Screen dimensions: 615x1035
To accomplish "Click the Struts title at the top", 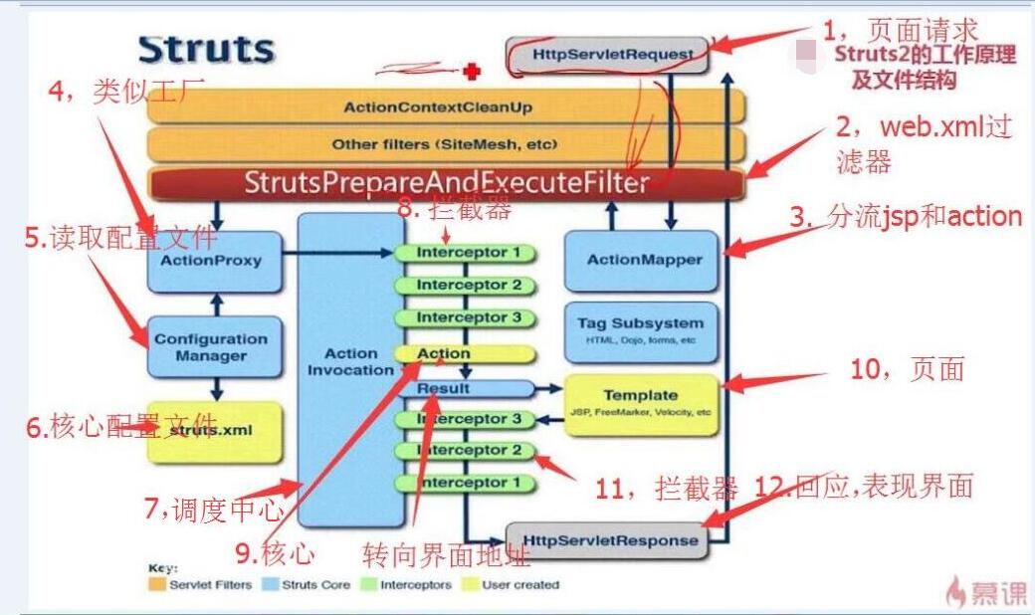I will pos(206,50).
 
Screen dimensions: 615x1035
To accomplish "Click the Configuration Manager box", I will pos(210,347).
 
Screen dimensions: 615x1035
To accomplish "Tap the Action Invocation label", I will pos(350,362).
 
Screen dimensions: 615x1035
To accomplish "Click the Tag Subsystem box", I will pos(640,330).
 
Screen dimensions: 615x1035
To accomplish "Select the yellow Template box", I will pos(640,402).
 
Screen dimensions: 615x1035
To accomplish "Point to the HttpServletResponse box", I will pos(607,540).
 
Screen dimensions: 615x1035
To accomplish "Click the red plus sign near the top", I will pos(472,71).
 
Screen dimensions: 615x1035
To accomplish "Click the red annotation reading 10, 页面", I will pos(907,369).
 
